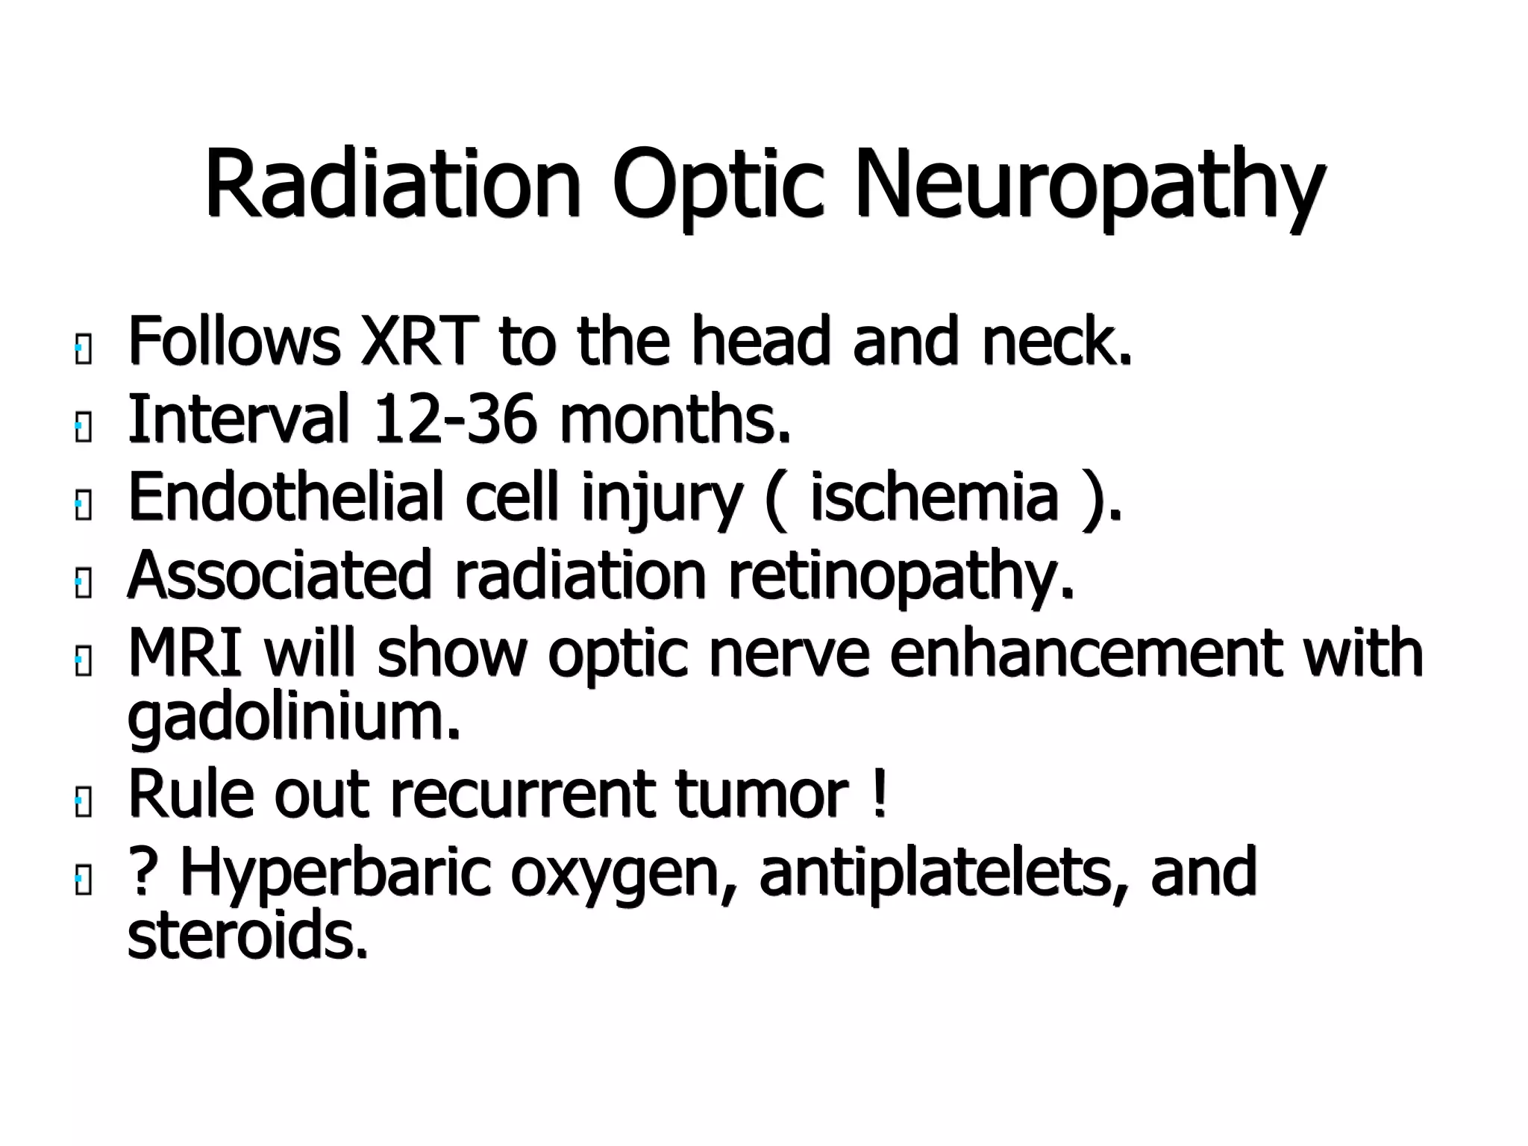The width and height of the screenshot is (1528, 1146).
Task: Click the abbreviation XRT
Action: [x=418, y=342]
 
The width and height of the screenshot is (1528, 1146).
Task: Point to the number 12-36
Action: [x=454, y=419]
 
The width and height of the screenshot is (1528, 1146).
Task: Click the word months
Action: [x=674, y=419]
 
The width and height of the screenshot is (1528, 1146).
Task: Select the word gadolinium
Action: [x=294, y=718]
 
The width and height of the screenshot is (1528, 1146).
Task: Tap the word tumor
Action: [x=762, y=794]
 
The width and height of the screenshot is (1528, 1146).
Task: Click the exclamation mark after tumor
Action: [x=879, y=794]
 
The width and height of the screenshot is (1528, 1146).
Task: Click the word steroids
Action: [x=248, y=936]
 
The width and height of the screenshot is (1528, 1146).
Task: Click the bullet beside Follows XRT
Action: [x=83, y=351]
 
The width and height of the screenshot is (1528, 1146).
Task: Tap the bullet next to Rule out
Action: [x=83, y=804]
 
